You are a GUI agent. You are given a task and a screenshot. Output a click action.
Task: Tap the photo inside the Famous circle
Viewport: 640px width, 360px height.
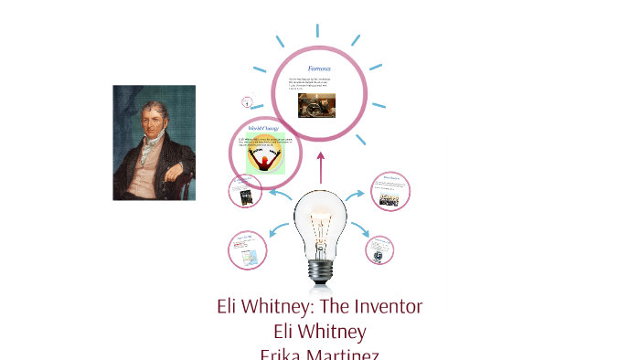pyautogui.click(x=316, y=104)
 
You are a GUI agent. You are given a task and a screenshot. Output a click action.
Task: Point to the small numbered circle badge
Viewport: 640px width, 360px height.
pyautogui.click(x=247, y=102)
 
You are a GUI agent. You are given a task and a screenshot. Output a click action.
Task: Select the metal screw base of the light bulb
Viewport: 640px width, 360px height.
pyautogui.click(x=320, y=270)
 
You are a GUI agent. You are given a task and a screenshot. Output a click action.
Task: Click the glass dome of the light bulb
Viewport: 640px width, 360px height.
pyautogui.click(x=320, y=219)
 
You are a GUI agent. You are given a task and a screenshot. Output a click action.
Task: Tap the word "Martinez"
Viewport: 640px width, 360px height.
pyautogui.click(x=346, y=355)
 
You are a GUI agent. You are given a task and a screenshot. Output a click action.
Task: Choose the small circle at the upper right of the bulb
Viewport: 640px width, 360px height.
pyautogui.click(x=390, y=191)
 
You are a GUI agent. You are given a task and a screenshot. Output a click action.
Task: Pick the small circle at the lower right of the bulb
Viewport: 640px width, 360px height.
pyautogui.click(x=379, y=249)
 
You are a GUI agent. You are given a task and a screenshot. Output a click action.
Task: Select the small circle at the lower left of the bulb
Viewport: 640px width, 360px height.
pyautogui.click(x=247, y=249)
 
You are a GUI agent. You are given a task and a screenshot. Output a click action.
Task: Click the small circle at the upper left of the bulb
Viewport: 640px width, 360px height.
pyautogui.click(x=245, y=191)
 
